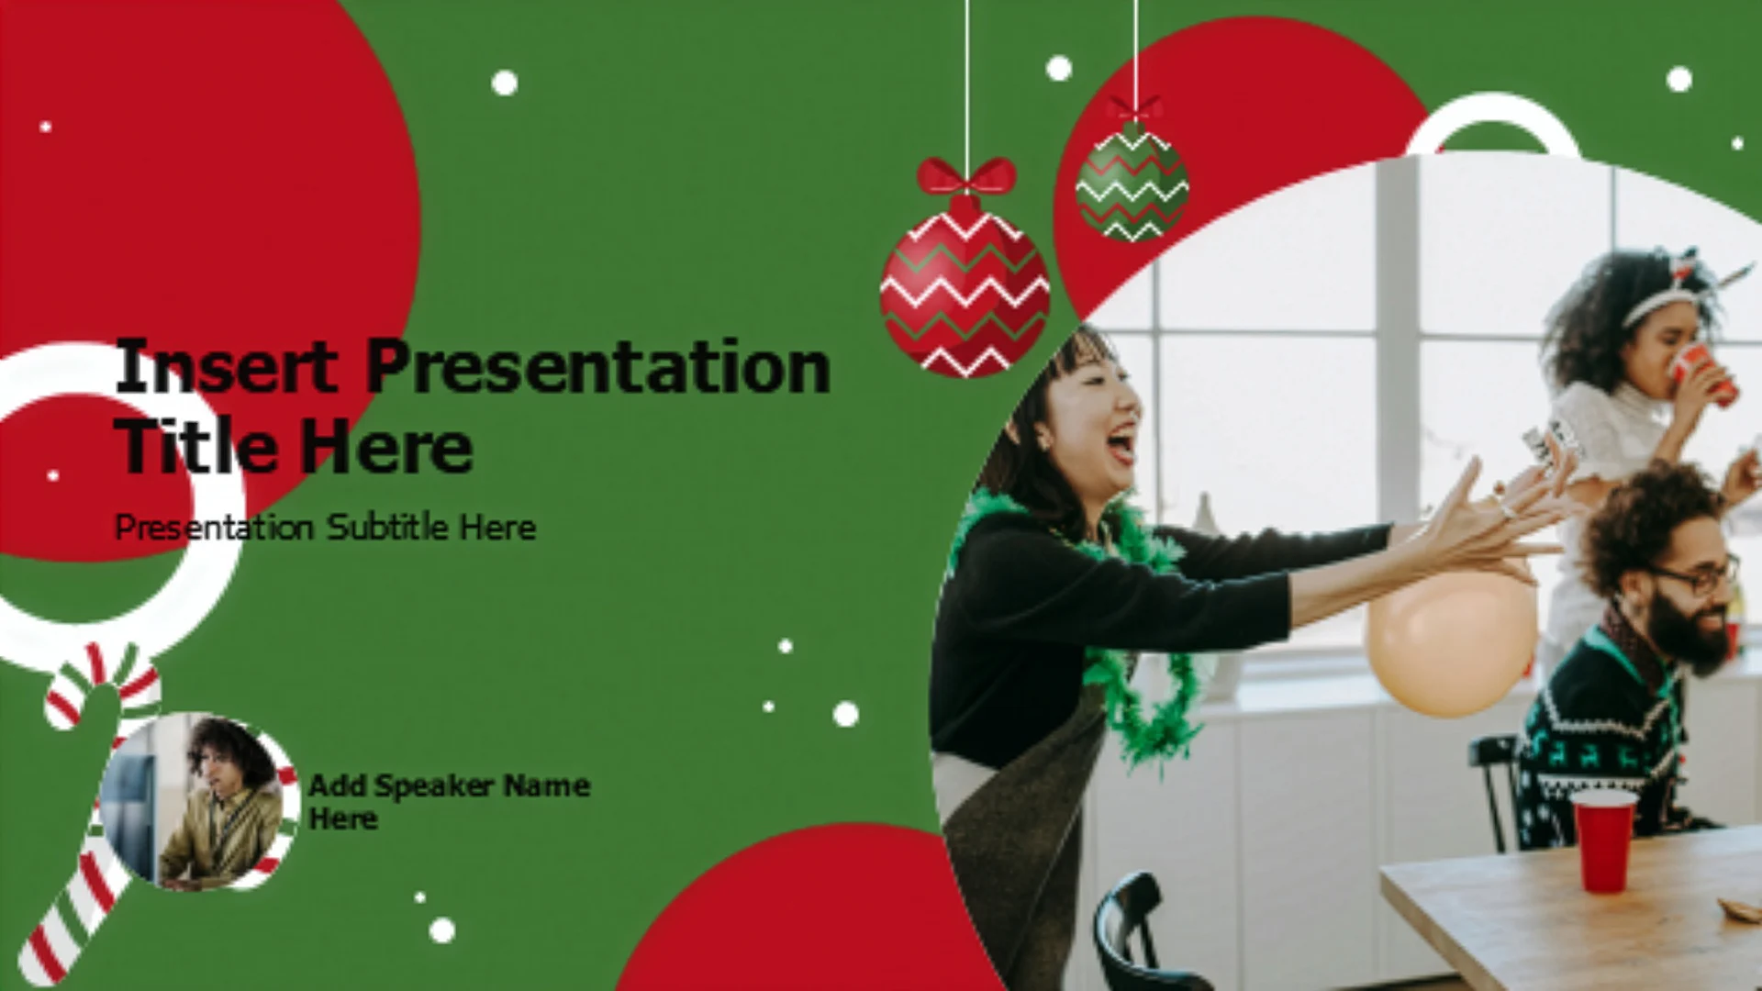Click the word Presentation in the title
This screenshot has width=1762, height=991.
pyautogui.click(x=598, y=367)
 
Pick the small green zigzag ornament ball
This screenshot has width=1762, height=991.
pyautogui.click(x=1132, y=183)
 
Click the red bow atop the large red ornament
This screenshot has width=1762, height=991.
pyautogui.click(x=966, y=176)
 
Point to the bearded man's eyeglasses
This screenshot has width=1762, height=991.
pyautogui.click(x=1698, y=576)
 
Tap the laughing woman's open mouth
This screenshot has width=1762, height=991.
pyautogui.click(x=1121, y=444)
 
